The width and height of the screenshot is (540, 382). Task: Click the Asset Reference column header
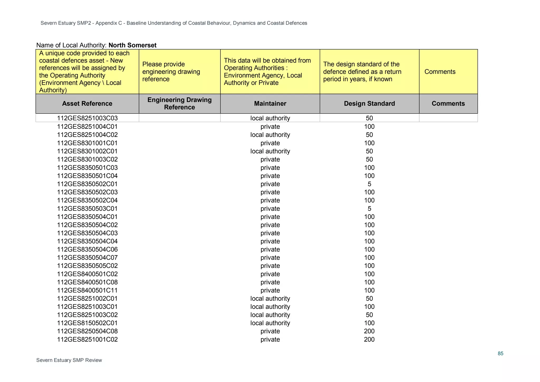click(x=87, y=104)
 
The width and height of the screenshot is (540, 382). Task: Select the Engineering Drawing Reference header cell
click(x=179, y=104)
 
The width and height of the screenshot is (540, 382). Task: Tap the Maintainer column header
click(x=270, y=104)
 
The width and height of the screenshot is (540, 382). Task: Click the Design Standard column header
click(x=369, y=104)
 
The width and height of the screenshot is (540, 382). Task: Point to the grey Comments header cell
click(x=448, y=104)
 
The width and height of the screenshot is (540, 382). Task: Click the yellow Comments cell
click(x=448, y=72)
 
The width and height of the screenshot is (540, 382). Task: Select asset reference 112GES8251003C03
click(x=87, y=118)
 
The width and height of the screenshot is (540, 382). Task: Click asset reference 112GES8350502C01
click(x=87, y=184)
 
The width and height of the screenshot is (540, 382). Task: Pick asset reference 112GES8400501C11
click(x=87, y=290)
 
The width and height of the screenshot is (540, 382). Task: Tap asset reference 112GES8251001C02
click(x=87, y=340)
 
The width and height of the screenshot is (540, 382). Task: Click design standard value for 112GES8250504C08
click(x=369, y=331)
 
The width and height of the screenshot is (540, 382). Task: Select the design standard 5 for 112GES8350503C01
click(x=369, y=209)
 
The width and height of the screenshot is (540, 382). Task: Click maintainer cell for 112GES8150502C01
click(x=270, y=323)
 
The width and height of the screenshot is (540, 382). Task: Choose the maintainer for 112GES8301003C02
click(x=270, y=160)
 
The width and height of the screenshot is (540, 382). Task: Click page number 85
click(x=500, y=354)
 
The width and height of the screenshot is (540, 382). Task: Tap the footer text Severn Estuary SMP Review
click(x=69, y=360)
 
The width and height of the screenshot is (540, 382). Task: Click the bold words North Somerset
click(x=132, y=45)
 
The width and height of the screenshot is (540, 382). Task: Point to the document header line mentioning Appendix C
click(x=174, y=23)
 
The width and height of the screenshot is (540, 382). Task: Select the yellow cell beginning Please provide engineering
click(x=179, y=72)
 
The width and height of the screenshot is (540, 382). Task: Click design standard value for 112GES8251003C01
click(x=369, y=307)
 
